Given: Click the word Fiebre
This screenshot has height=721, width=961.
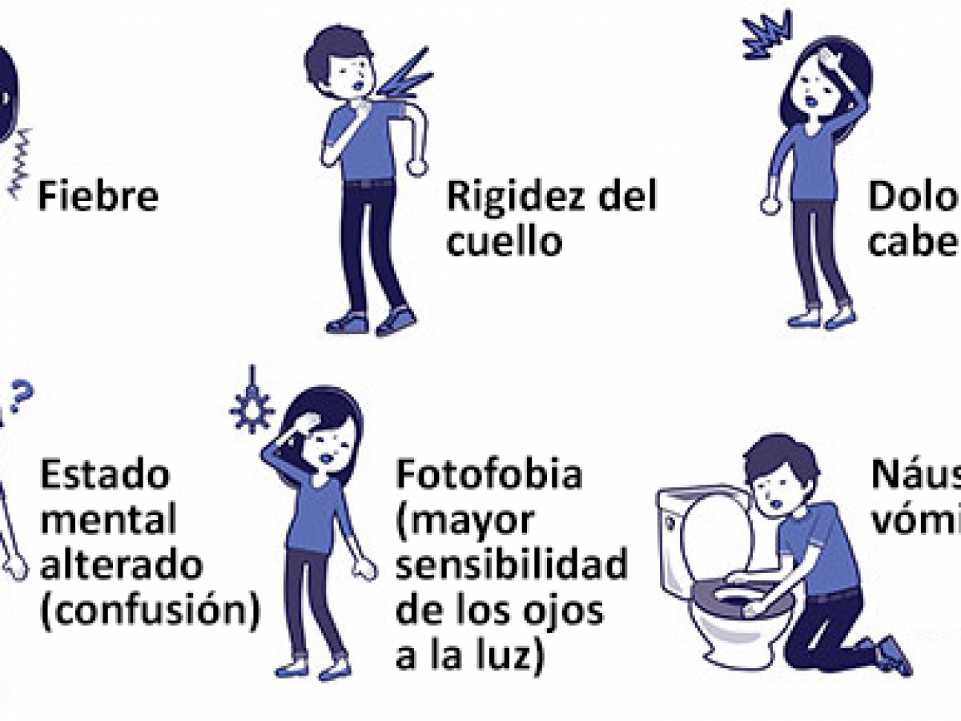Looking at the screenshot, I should [x=98, y=197].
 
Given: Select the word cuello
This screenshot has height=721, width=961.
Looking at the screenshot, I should [x=504, y=241].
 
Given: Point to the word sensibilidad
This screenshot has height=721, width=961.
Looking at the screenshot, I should [x=512, y=566].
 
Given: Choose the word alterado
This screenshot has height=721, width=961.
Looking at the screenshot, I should [x=121, y=566].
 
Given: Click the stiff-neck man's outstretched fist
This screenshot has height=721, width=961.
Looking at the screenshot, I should [x=416, y=167].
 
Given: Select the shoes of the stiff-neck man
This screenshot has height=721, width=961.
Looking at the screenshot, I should [x=372, y=322].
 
